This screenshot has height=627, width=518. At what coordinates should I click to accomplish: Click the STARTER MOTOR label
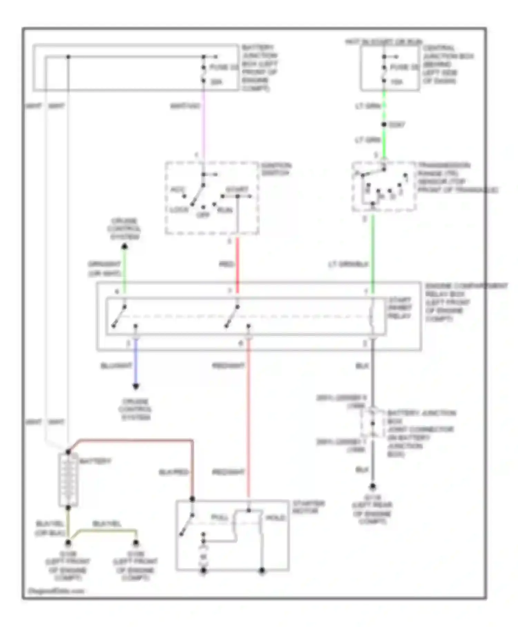click(x=308, y=507)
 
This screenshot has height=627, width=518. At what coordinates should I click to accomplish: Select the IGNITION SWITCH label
click(x=276, y=169)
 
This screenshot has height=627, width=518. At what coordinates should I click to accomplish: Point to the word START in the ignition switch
click(x=237, y=189)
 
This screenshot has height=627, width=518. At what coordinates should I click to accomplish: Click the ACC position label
click(x=178, y=189)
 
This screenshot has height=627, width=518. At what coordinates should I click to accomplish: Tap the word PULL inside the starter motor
click(x=220, y=517)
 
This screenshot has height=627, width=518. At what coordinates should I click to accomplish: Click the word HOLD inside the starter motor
click(x=275, y=517)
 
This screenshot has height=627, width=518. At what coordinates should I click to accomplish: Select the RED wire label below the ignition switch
click(x=227, y=264)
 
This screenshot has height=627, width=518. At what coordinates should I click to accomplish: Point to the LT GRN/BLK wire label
click(x=349, y=264)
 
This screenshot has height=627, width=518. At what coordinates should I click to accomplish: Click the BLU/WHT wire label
click(x=116, y=366)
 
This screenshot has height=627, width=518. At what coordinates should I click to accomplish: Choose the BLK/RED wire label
click(x=173, y=472)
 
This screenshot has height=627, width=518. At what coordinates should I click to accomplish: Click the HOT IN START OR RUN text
click(x=383, y=42)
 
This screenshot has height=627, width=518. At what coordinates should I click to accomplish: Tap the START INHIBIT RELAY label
click(x=400, y=308)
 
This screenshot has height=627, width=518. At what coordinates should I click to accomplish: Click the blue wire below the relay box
click(x=136, y=363)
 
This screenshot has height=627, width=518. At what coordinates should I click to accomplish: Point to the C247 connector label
click(x=397, y=124)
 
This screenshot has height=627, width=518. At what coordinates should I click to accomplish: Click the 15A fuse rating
click(x=396, y=82)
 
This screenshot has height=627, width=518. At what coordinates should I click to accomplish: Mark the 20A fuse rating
click(x=217, y=82)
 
